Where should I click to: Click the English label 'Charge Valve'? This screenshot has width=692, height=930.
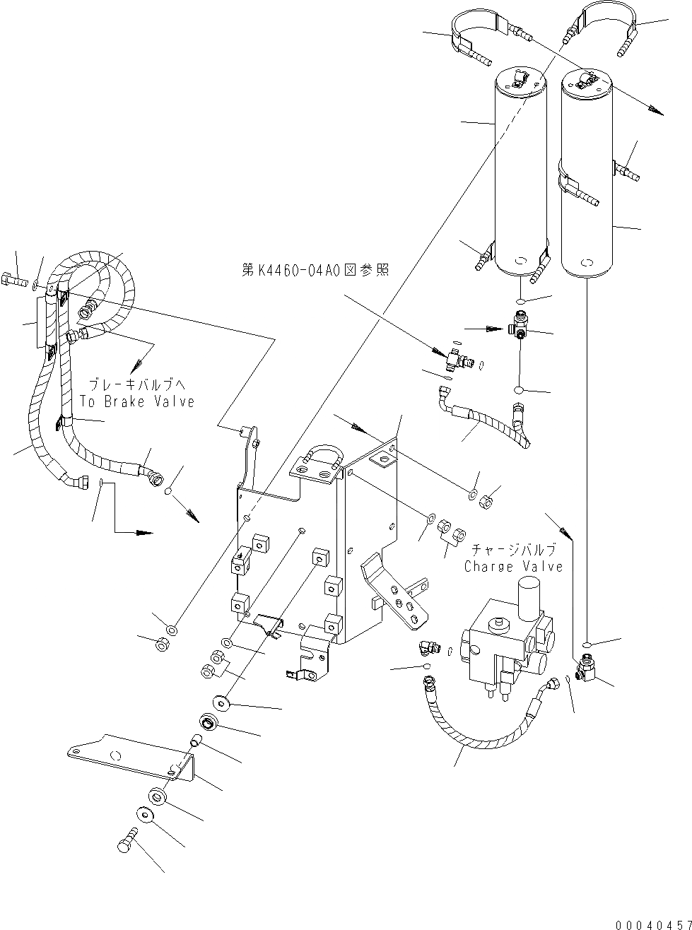tap(514, 566)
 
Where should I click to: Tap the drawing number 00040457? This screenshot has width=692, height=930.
tap(652, 924)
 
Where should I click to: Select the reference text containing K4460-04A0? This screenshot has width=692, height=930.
tap(315, 270)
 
